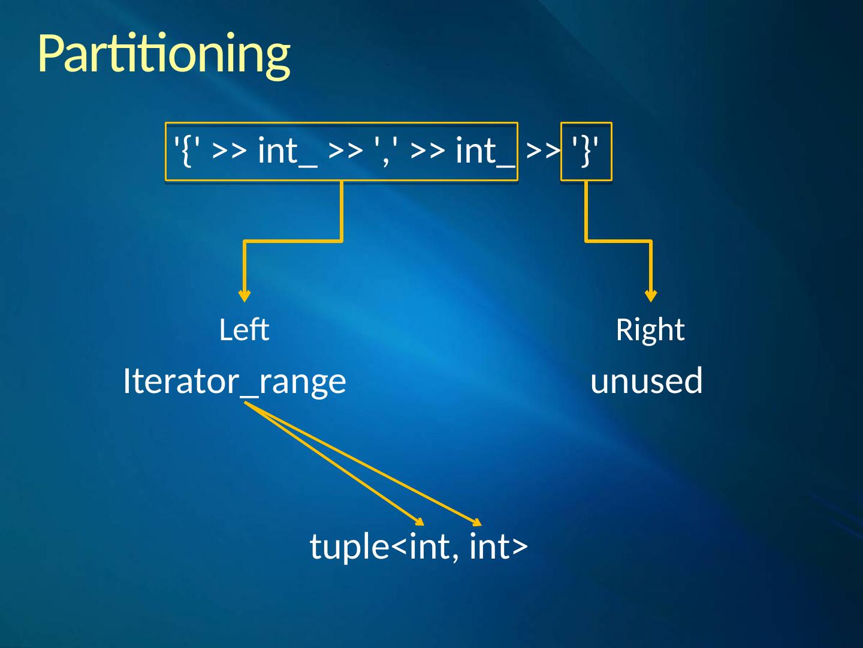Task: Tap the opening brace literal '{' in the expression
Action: pyautogui.click(x=186, y=150)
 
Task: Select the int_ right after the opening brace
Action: pyautogui.click(x=287, y=150)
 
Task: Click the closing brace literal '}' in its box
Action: pyautogui.click(x=586, y=150)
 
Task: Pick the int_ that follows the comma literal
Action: pyautogui.click(x=485, y=150)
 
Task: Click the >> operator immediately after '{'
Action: pyautogui.click(x=229, y=151)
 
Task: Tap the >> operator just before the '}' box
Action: pyautogui.click(x=543, y=151)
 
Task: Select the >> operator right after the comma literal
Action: pyautogui.click(x=428, y=151)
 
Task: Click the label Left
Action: pyautogui.click(x=244, y=330)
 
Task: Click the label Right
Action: pyautogui.click(x=650, y=330)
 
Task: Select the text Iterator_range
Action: pyautogui.click(x=234, y=381)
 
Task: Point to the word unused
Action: pyautogui.click(x=647, y=381)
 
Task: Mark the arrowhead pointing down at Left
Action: pyautogui.click(x=245, y=295)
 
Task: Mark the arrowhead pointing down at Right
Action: pyautogui.click(x=651, y=295)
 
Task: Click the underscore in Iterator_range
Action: pyautogui.click(x=250, y=393)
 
